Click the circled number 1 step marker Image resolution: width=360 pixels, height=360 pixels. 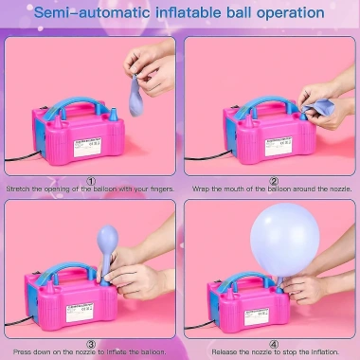pos(91,181)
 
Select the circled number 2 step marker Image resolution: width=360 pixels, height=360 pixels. pos(274,181)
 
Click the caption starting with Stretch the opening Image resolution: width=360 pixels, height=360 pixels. pos(91,189)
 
